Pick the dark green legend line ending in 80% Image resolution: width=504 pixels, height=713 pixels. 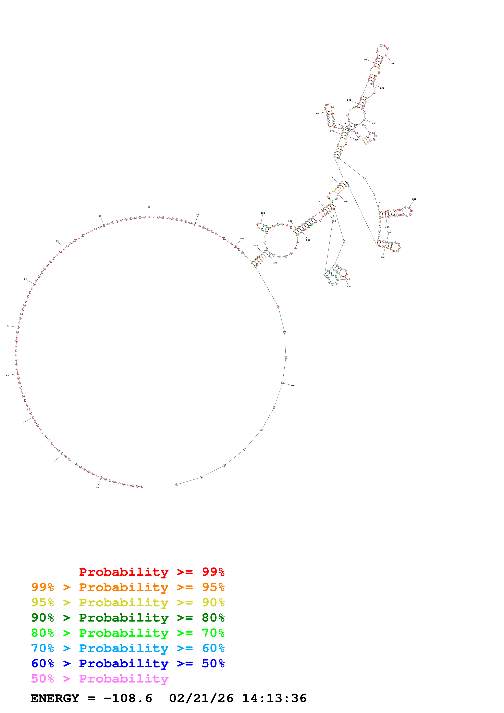tap(128, 618)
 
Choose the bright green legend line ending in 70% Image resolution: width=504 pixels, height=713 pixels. tap(128, 633)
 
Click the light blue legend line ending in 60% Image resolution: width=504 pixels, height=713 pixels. tap(128, 648)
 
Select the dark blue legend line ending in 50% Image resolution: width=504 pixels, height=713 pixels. tap(128, 663)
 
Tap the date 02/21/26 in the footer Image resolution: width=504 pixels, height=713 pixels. tap(201, 698)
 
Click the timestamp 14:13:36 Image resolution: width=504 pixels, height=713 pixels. tap(274, 698)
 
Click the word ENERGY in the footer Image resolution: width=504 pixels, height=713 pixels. tap(55, 698)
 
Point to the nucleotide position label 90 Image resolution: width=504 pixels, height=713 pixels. tap(149, 207)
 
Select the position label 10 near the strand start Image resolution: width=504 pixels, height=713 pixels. tap(97, 487)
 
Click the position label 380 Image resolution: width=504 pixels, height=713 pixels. tap(293, 385)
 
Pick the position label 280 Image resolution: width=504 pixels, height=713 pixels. tap(414, 199)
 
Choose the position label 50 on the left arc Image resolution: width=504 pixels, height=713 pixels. tap(8, 326)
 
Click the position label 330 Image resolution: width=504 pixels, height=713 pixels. tap(348, 286)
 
